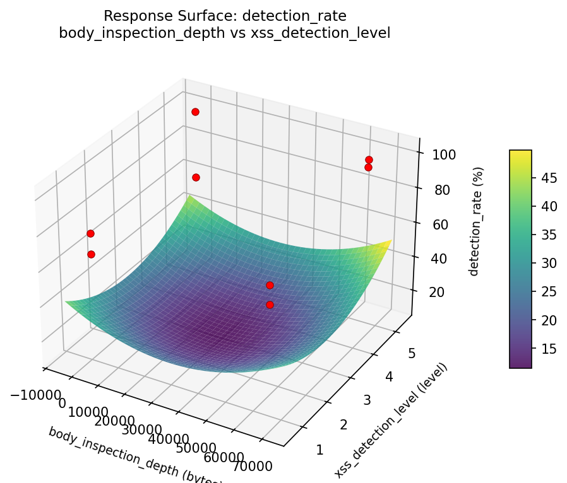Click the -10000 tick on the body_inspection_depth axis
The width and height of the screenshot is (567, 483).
click(x=35, y=394)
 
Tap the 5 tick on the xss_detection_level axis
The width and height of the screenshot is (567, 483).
click(x=412, y=354)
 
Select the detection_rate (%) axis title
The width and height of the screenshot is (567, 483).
click(x=479, y=221)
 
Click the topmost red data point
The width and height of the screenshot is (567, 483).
click(x=195, y=112)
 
